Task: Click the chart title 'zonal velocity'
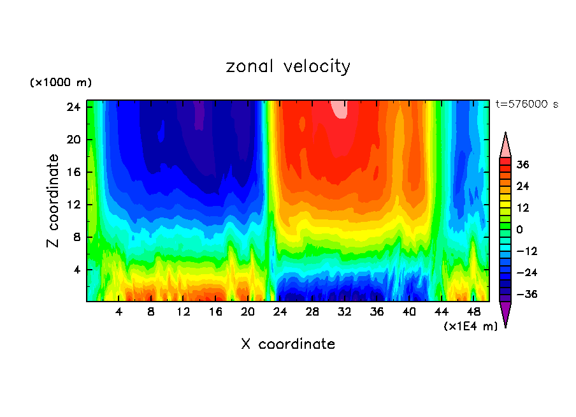point(288,66)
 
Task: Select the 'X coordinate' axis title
point(288,344)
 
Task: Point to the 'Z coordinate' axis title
point(54,201)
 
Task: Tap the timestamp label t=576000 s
point(526,105)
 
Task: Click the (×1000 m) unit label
point(61,83)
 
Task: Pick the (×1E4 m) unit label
point(470,326)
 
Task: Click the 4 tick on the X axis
point(119,312)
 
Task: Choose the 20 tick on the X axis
point(248,312)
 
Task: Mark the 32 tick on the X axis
point(345,312)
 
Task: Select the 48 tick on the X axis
point(473,312)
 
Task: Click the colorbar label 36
point(522,165)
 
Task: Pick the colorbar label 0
point(520,230)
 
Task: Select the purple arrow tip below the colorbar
point(505,314)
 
